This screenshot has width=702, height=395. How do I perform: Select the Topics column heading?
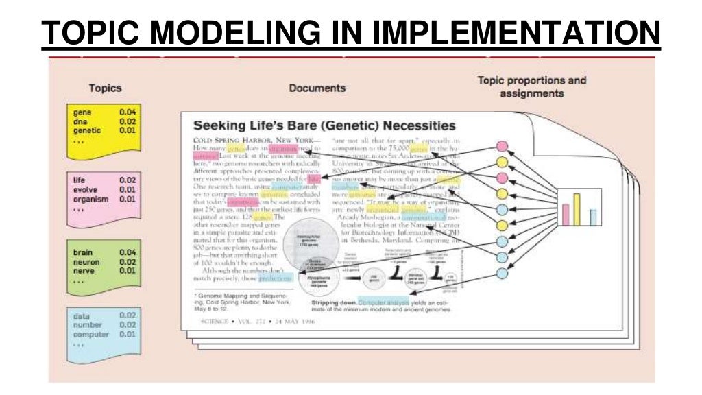click(105, 88)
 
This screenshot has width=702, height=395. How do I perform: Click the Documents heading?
click(317, 88)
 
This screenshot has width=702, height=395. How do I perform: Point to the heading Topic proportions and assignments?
click(531, 86)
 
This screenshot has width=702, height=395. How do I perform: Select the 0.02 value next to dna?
click(128, 121)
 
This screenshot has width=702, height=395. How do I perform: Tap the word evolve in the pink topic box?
click(84, 190)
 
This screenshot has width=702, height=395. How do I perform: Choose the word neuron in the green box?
click(86, 262)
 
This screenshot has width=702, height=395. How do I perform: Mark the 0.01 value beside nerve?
click(128, 272)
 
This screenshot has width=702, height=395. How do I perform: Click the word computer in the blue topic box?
click(90, 335)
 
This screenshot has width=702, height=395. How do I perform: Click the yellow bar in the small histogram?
click(577, 209)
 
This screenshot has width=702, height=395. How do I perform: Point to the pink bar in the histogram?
click(566, 215)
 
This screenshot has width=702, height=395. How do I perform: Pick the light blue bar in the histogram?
click(593, 217)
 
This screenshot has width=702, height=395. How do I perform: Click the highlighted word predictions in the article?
click(277, 278)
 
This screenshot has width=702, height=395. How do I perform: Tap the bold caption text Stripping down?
click(334, 302)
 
